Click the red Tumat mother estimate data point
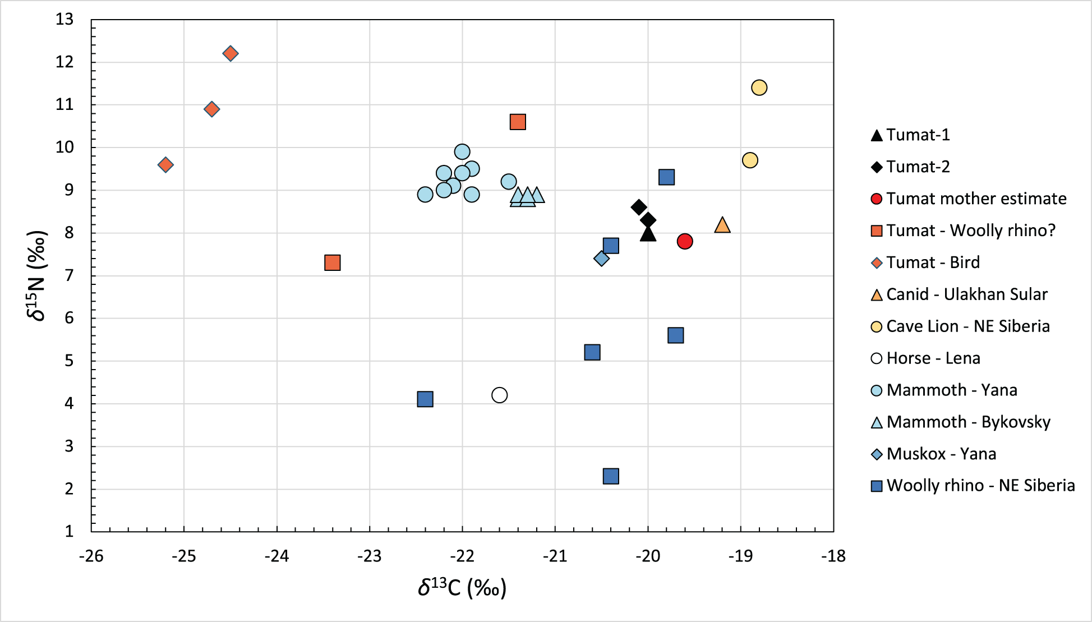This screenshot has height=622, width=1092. pyautogui.click(x=685, y=242)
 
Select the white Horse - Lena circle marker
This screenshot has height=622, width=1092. pyautogui.click(x=499, y=395)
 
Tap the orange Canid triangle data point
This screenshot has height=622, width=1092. pyautogui.click(x=722, y=225)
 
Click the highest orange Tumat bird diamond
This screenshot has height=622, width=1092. pyautogui.click(x=231, y=54)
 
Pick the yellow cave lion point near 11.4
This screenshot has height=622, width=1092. pyautogui.click(x=759, y=88)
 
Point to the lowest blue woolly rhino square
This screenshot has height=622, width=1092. pyautogui.click(x=611, y=476)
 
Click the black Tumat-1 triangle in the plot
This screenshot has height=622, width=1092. pyautogui.click(x=648, y=233)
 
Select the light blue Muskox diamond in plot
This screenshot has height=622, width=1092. pyautogui.click(x=601, y=259)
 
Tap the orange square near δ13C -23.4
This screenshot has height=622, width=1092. pyautogui.click(x=333, y=262)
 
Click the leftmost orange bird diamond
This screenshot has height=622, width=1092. pyautogui.click(x=165, y=165)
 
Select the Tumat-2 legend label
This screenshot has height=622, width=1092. pyautogui.click(x=918, y=167)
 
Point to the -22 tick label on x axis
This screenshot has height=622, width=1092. pyautogui.click(x=462, y=556)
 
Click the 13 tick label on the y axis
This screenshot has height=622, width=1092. pyautogui.click(x=65, y=20)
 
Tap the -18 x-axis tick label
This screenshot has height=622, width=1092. pyautogui.click(x=833, y=556)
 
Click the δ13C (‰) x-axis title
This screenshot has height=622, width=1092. pyautogui.click(x=462, y=588)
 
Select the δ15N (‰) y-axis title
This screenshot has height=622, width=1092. pyautogui.click(x=37, y=275)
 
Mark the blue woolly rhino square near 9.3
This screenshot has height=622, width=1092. pyautogui.click(x=666, y=177)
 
